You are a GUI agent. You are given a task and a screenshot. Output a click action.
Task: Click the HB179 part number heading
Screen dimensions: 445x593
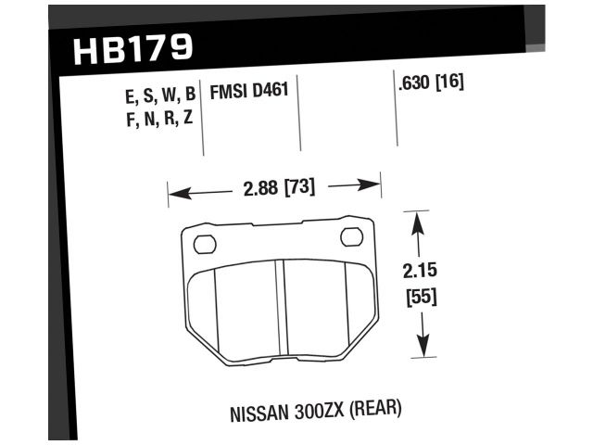(x=133, y=49)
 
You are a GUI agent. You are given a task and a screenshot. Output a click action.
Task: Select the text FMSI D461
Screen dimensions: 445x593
(x=249, y=93)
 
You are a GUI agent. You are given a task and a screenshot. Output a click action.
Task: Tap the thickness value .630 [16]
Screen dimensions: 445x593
(x=430, y=83)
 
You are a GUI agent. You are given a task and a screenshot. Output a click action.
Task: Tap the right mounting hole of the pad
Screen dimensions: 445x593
(x=352, y=237)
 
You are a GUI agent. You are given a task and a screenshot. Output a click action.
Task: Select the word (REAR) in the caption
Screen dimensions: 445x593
(x=379, y=407)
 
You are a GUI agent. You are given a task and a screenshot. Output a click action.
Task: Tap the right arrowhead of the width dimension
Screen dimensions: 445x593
(x=374, y=184)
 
